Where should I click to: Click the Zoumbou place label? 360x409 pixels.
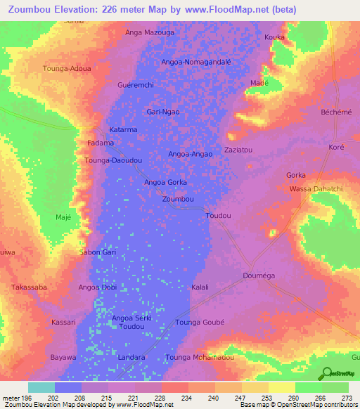178,200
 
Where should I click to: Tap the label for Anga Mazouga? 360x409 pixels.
149,32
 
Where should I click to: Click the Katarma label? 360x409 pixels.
123,130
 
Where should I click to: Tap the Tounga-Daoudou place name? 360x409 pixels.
114,161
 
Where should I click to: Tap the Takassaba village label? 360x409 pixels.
29,287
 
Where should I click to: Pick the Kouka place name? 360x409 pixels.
274,37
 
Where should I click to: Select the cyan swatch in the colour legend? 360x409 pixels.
41,387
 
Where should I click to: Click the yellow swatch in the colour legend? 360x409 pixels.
281,387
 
